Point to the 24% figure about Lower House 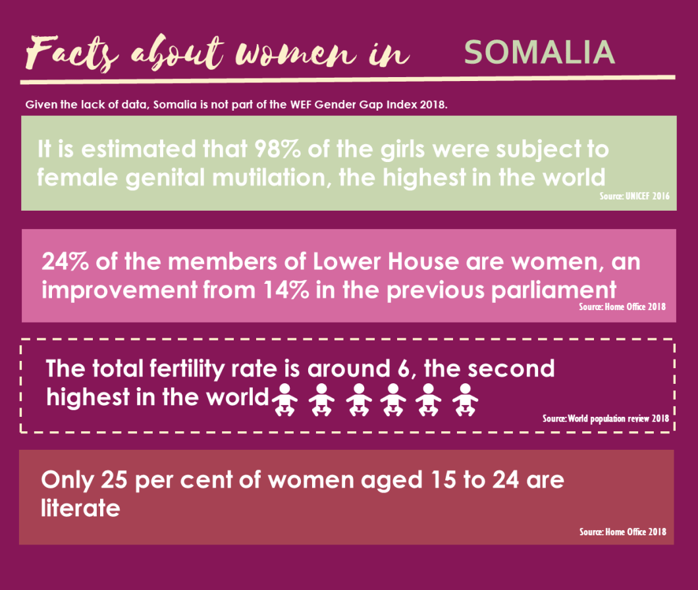click(x=65, y=261)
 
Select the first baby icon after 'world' click(x=284, y=400)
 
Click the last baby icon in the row click(x=465, y=400)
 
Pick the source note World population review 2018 click(x=605, y=418)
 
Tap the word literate click(x=80, y=508)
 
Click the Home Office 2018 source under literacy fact click(x=622, y=531)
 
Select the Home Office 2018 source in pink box click(x=622, y=307)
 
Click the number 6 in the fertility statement click(x=406, y=368)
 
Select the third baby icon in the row click(x=359, y=400)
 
